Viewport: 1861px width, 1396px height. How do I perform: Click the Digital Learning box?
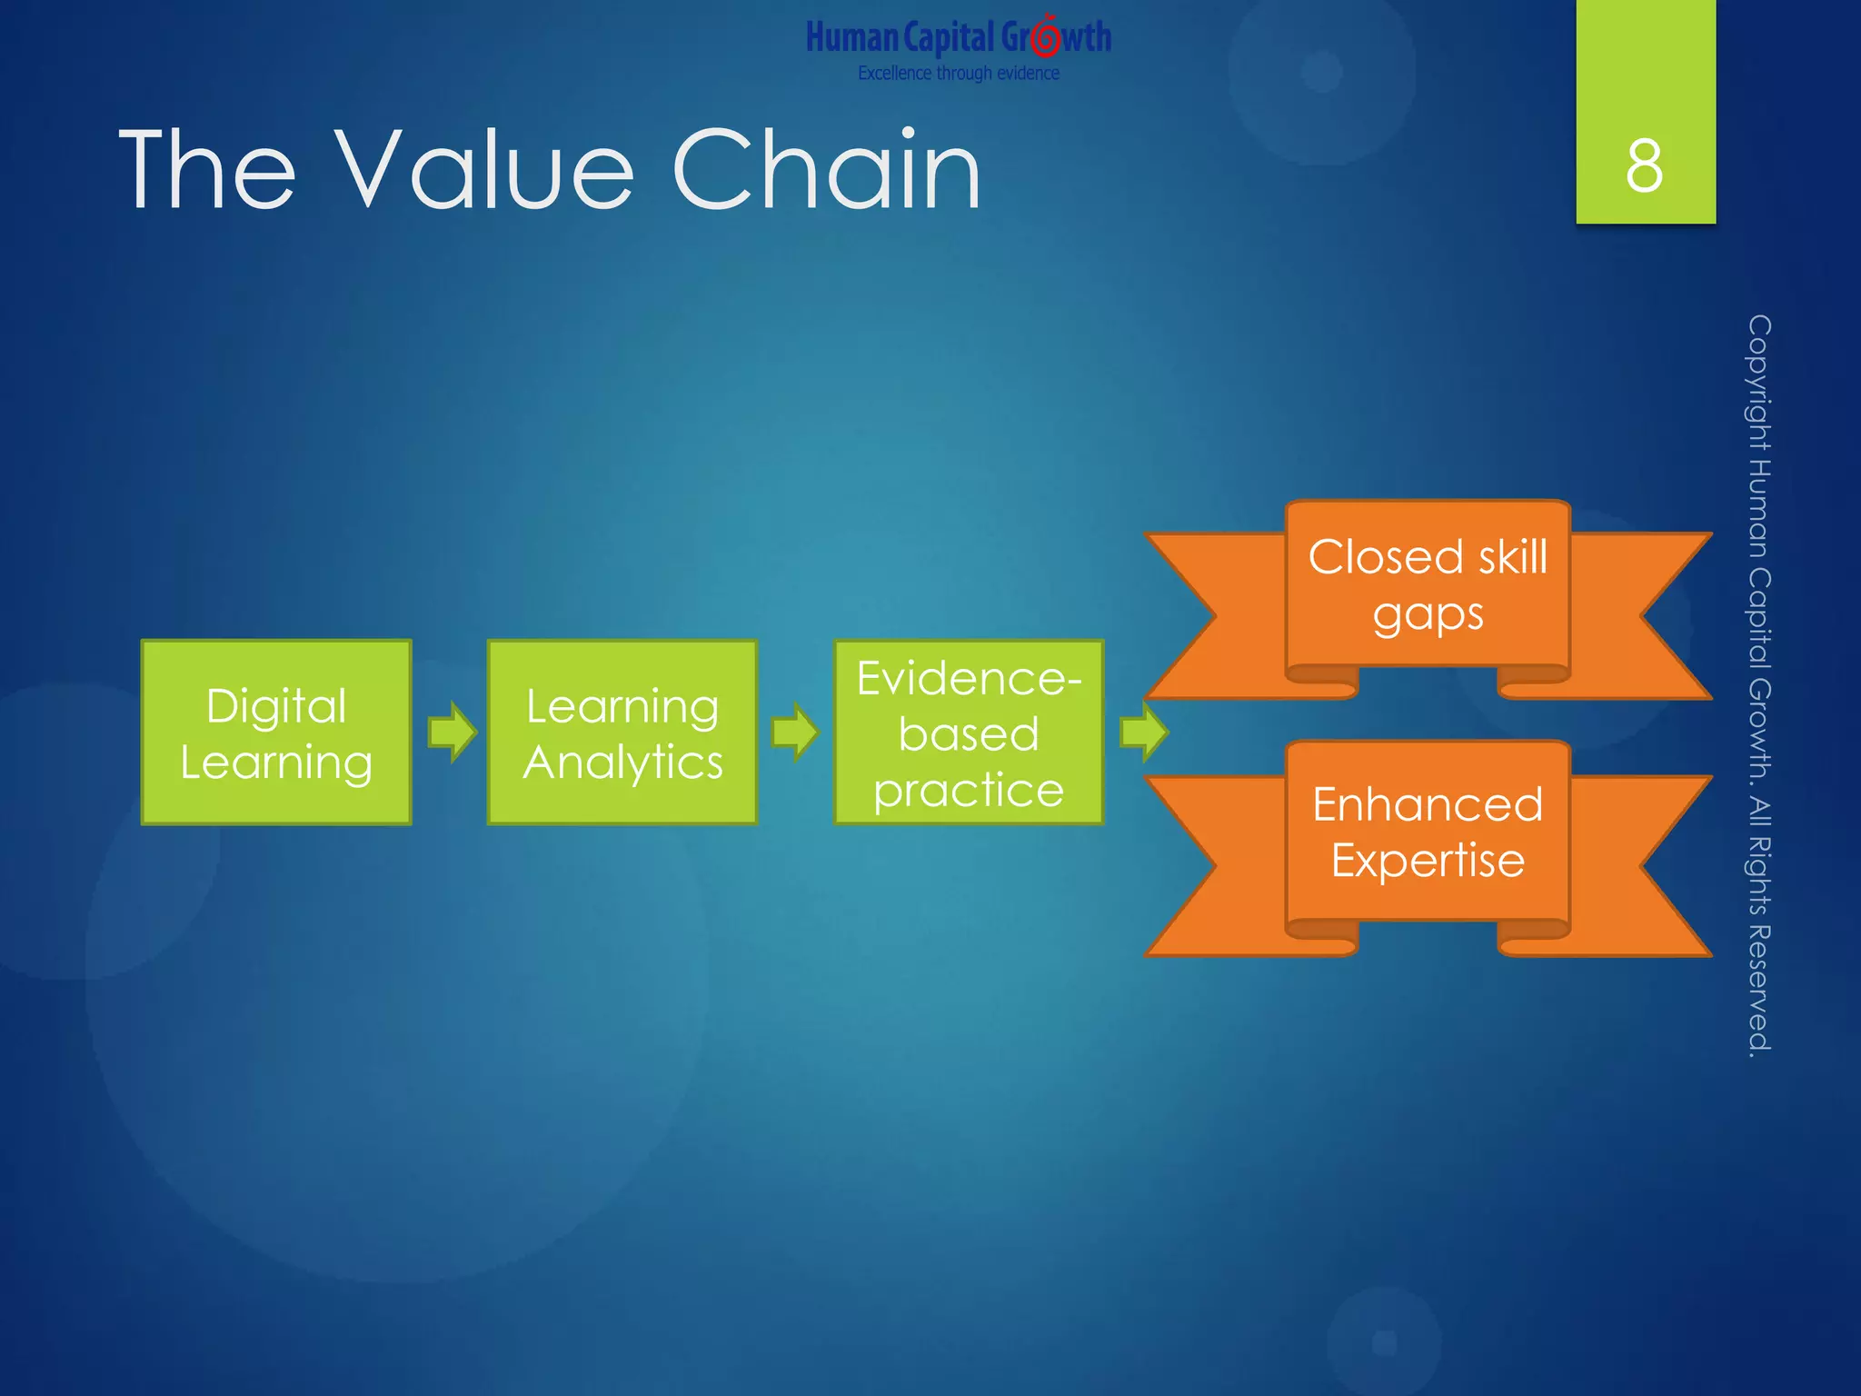click(276, 733)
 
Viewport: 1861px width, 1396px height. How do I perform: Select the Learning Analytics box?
click(622, 733)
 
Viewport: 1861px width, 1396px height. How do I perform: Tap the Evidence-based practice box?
click(969, 733)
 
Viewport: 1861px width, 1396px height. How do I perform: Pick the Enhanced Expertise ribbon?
click(1428, 833)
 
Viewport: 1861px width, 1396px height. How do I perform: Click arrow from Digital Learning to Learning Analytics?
click(452, 732)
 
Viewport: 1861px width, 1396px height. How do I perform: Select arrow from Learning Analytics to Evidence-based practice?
click(795, 732)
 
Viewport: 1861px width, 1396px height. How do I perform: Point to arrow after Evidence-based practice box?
click(1143, 732)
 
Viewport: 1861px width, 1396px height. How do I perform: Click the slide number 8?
click(1645, 166)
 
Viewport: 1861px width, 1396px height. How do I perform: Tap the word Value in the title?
click(484, 170)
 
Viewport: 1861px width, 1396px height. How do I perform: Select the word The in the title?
click(207, 170)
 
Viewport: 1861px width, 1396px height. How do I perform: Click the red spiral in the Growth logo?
click(1046, 37)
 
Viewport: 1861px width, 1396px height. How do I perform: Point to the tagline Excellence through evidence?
click(959, 74)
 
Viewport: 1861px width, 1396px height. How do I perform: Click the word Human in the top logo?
click(851, 38)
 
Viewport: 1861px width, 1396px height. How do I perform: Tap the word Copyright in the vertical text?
click(1759, 382)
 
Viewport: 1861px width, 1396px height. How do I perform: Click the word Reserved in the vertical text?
click(1759, 991)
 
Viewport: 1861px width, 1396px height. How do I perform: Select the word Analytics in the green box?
click(622, 762)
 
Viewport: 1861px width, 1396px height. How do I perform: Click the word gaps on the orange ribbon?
click(1428, 615)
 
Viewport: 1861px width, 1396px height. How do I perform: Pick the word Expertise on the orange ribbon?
click(1428, 861)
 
